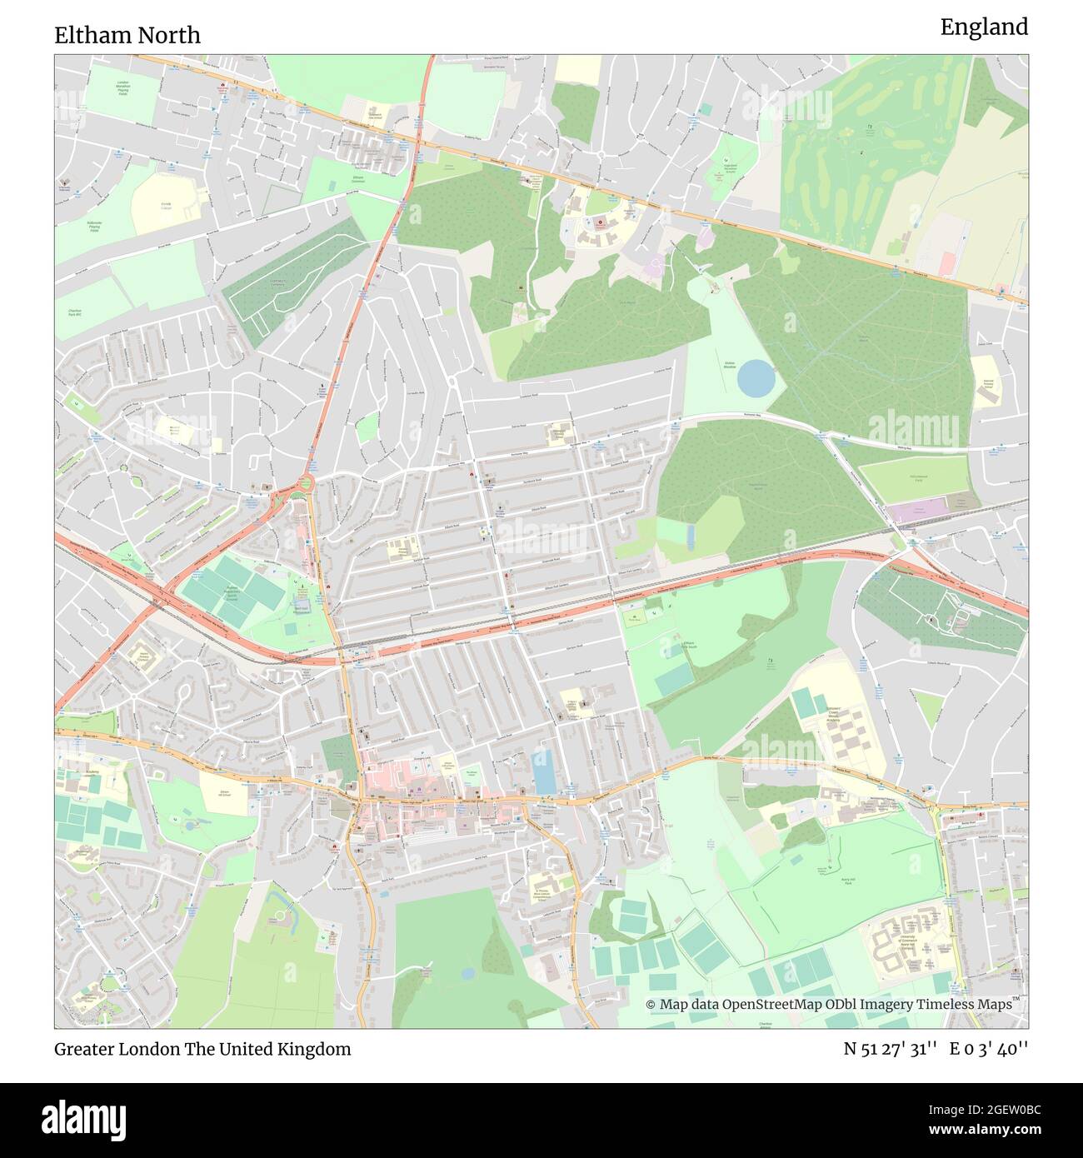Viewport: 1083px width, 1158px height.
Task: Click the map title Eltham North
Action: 127,35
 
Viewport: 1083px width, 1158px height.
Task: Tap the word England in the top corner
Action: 984,27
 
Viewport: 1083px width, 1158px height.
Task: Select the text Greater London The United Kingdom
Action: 202,1049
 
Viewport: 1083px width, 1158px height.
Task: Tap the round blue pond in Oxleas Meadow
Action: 756,379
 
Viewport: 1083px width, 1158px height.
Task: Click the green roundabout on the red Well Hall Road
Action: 306,484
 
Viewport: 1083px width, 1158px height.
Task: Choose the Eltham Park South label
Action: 689,646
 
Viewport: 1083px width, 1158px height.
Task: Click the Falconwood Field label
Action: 917,478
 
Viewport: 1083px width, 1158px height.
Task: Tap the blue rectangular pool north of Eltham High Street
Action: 543,771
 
